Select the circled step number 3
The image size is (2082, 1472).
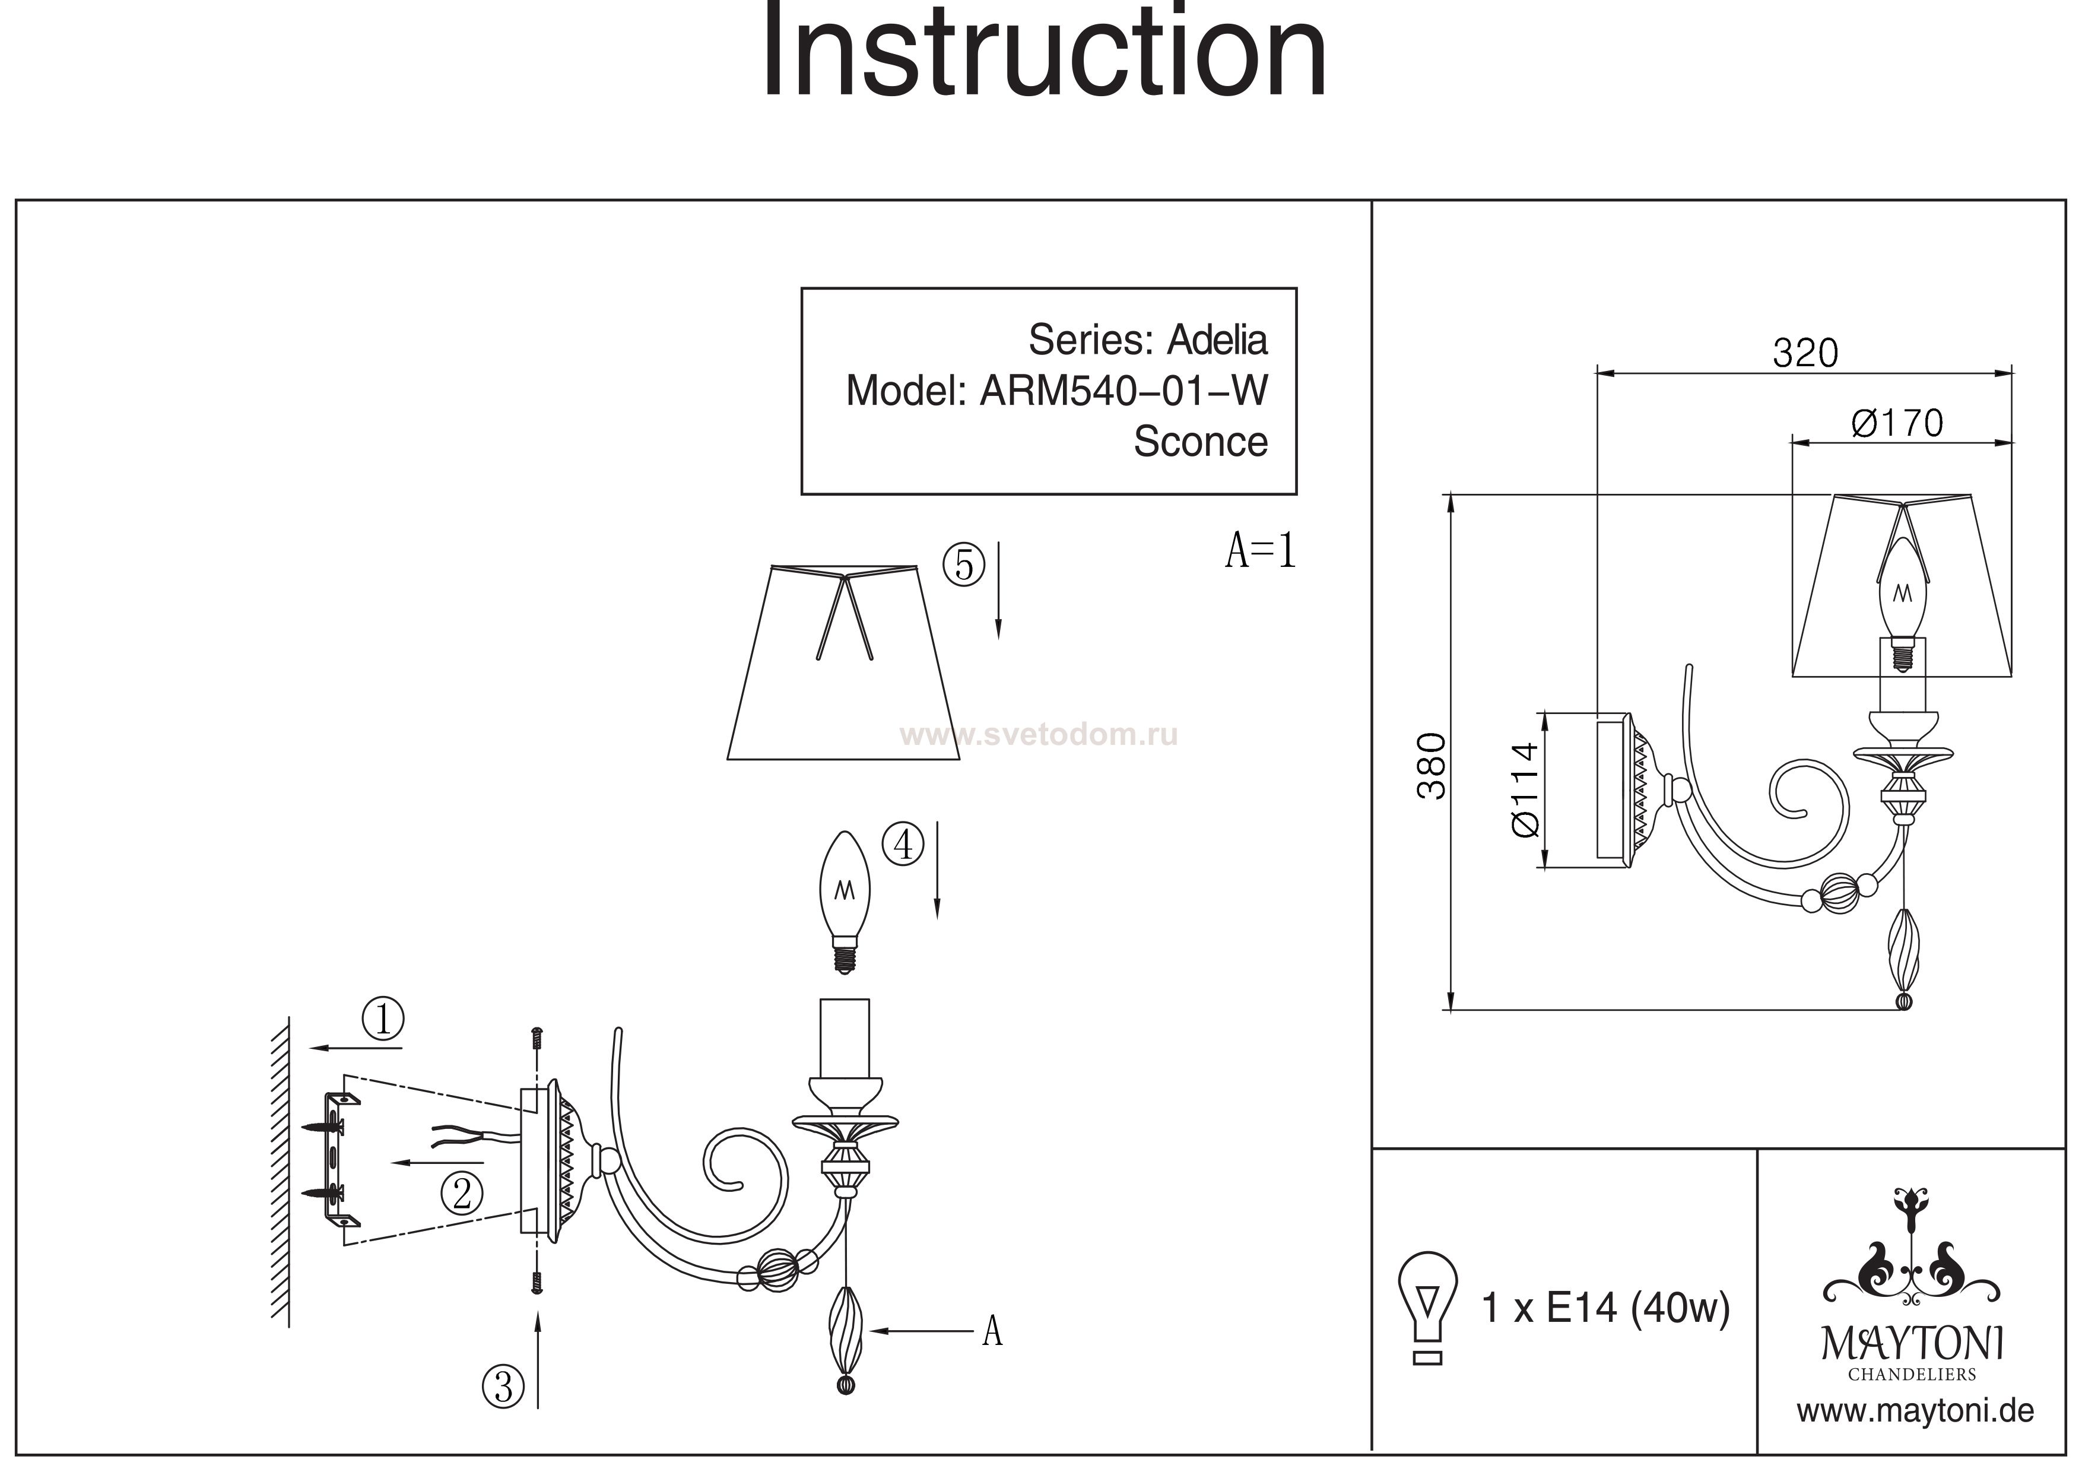[503, 1388]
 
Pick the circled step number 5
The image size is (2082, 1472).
[963, 565]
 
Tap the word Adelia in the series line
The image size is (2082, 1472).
[1216, 340]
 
